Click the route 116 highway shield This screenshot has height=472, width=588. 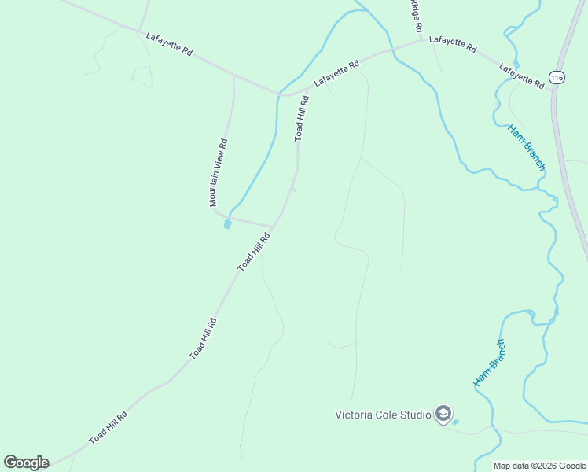[x=557, y=77]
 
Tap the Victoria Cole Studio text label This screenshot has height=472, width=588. [x=383, y=415]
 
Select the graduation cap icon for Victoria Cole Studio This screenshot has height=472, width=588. [x=443, y=414]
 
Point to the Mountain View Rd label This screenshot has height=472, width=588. [x=219, y=173]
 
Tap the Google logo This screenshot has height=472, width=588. [x=27, y=463]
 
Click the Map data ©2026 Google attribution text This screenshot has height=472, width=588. [x=540, y=466]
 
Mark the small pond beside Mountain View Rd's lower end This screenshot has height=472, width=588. [x=228, y=224]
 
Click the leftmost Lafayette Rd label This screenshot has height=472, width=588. [x=169, y=42]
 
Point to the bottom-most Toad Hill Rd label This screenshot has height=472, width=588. [x=108, y=428]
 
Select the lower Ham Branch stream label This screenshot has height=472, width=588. [x=490, y=363]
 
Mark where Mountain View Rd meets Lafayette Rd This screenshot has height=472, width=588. [x=233, y=76]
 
